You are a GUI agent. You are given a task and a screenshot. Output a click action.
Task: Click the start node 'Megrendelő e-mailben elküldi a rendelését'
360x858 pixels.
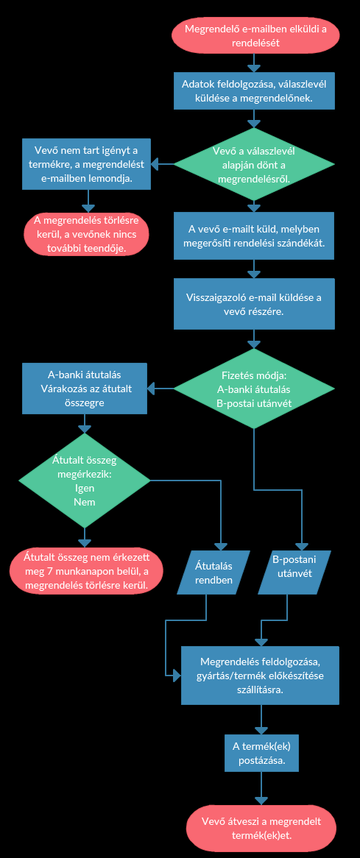(255, 35)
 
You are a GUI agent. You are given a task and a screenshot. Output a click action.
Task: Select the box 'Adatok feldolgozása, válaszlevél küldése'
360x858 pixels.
(254, 91)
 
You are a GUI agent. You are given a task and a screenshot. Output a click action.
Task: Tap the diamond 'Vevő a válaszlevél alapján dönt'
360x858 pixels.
(254, 163)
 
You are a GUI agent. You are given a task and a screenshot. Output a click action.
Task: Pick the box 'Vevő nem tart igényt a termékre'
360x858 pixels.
(86, 163)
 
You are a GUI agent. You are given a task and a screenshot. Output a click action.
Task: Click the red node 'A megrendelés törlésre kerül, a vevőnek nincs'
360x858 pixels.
(86, 234)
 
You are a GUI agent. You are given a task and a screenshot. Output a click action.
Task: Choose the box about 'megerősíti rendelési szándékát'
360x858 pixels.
(254, 236)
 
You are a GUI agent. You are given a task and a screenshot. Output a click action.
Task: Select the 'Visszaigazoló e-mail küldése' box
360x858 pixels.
(254, 304)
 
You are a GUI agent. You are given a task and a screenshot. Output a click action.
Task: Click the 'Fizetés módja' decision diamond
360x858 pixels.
(254, 389)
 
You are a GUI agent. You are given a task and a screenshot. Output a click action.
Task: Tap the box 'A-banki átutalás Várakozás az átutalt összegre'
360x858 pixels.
(85, 388)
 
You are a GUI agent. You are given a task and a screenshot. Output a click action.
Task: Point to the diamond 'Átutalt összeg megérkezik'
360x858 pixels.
(85, 481)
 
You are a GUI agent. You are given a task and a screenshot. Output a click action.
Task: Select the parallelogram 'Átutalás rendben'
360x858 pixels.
(214, 572)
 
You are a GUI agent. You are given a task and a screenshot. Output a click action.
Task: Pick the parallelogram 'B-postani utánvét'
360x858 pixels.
(295, 572)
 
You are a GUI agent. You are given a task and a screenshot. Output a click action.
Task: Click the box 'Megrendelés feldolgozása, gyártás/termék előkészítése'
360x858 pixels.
(261, 676)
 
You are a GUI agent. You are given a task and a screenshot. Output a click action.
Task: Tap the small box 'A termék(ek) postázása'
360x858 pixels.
(261, 754)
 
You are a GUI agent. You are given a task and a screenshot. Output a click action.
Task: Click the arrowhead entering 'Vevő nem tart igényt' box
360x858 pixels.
(155, 163)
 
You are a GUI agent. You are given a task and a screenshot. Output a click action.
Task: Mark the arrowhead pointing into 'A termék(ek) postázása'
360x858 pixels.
(261, 730)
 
